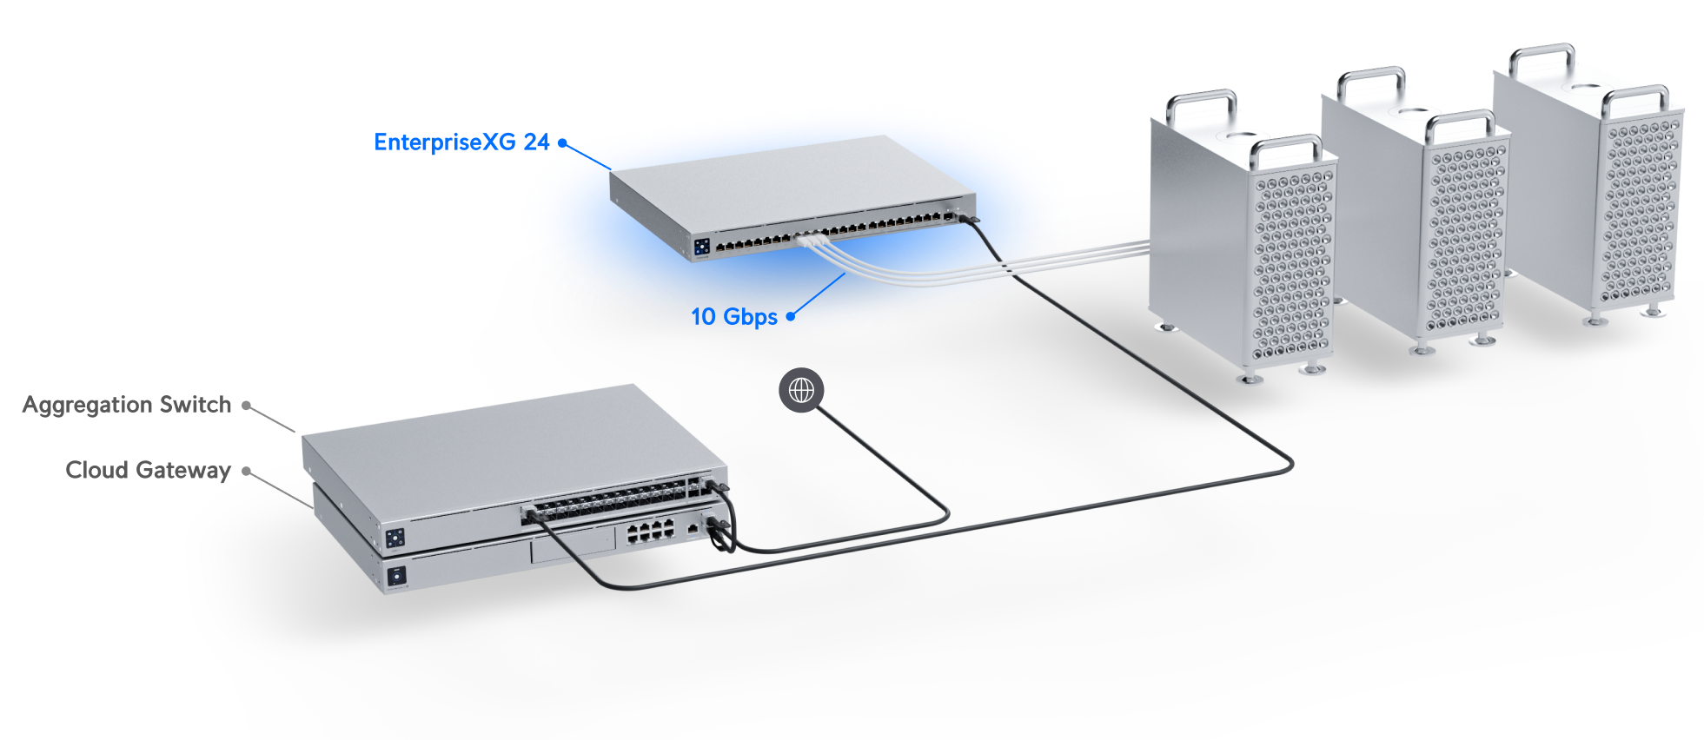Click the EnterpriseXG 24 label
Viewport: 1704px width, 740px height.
pos(461,142)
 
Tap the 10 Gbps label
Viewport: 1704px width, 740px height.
pos(734,317)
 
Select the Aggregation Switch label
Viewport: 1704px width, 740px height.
pos(127,405)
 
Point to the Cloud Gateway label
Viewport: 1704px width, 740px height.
pos(149,470)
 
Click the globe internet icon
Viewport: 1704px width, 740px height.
pos(801,390)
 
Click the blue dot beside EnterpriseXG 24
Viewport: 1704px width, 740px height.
pos(562,142)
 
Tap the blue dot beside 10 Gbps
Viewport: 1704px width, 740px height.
pos(791,317)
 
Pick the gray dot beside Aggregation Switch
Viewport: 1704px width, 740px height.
pos(247,405)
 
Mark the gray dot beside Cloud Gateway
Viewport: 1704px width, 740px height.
pos(247,471)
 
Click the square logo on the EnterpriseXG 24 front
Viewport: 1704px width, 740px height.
pos(701,246)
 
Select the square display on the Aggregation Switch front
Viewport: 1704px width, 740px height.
pos(395,538)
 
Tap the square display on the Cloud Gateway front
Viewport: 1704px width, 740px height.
pos(396,575)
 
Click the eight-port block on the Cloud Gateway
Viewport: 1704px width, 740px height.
pos(651,531)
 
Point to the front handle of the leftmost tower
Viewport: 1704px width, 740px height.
pos(1285,148)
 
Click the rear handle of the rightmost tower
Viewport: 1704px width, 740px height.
pos(1542,57)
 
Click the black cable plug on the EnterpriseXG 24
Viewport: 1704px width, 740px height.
pos(967,217)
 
